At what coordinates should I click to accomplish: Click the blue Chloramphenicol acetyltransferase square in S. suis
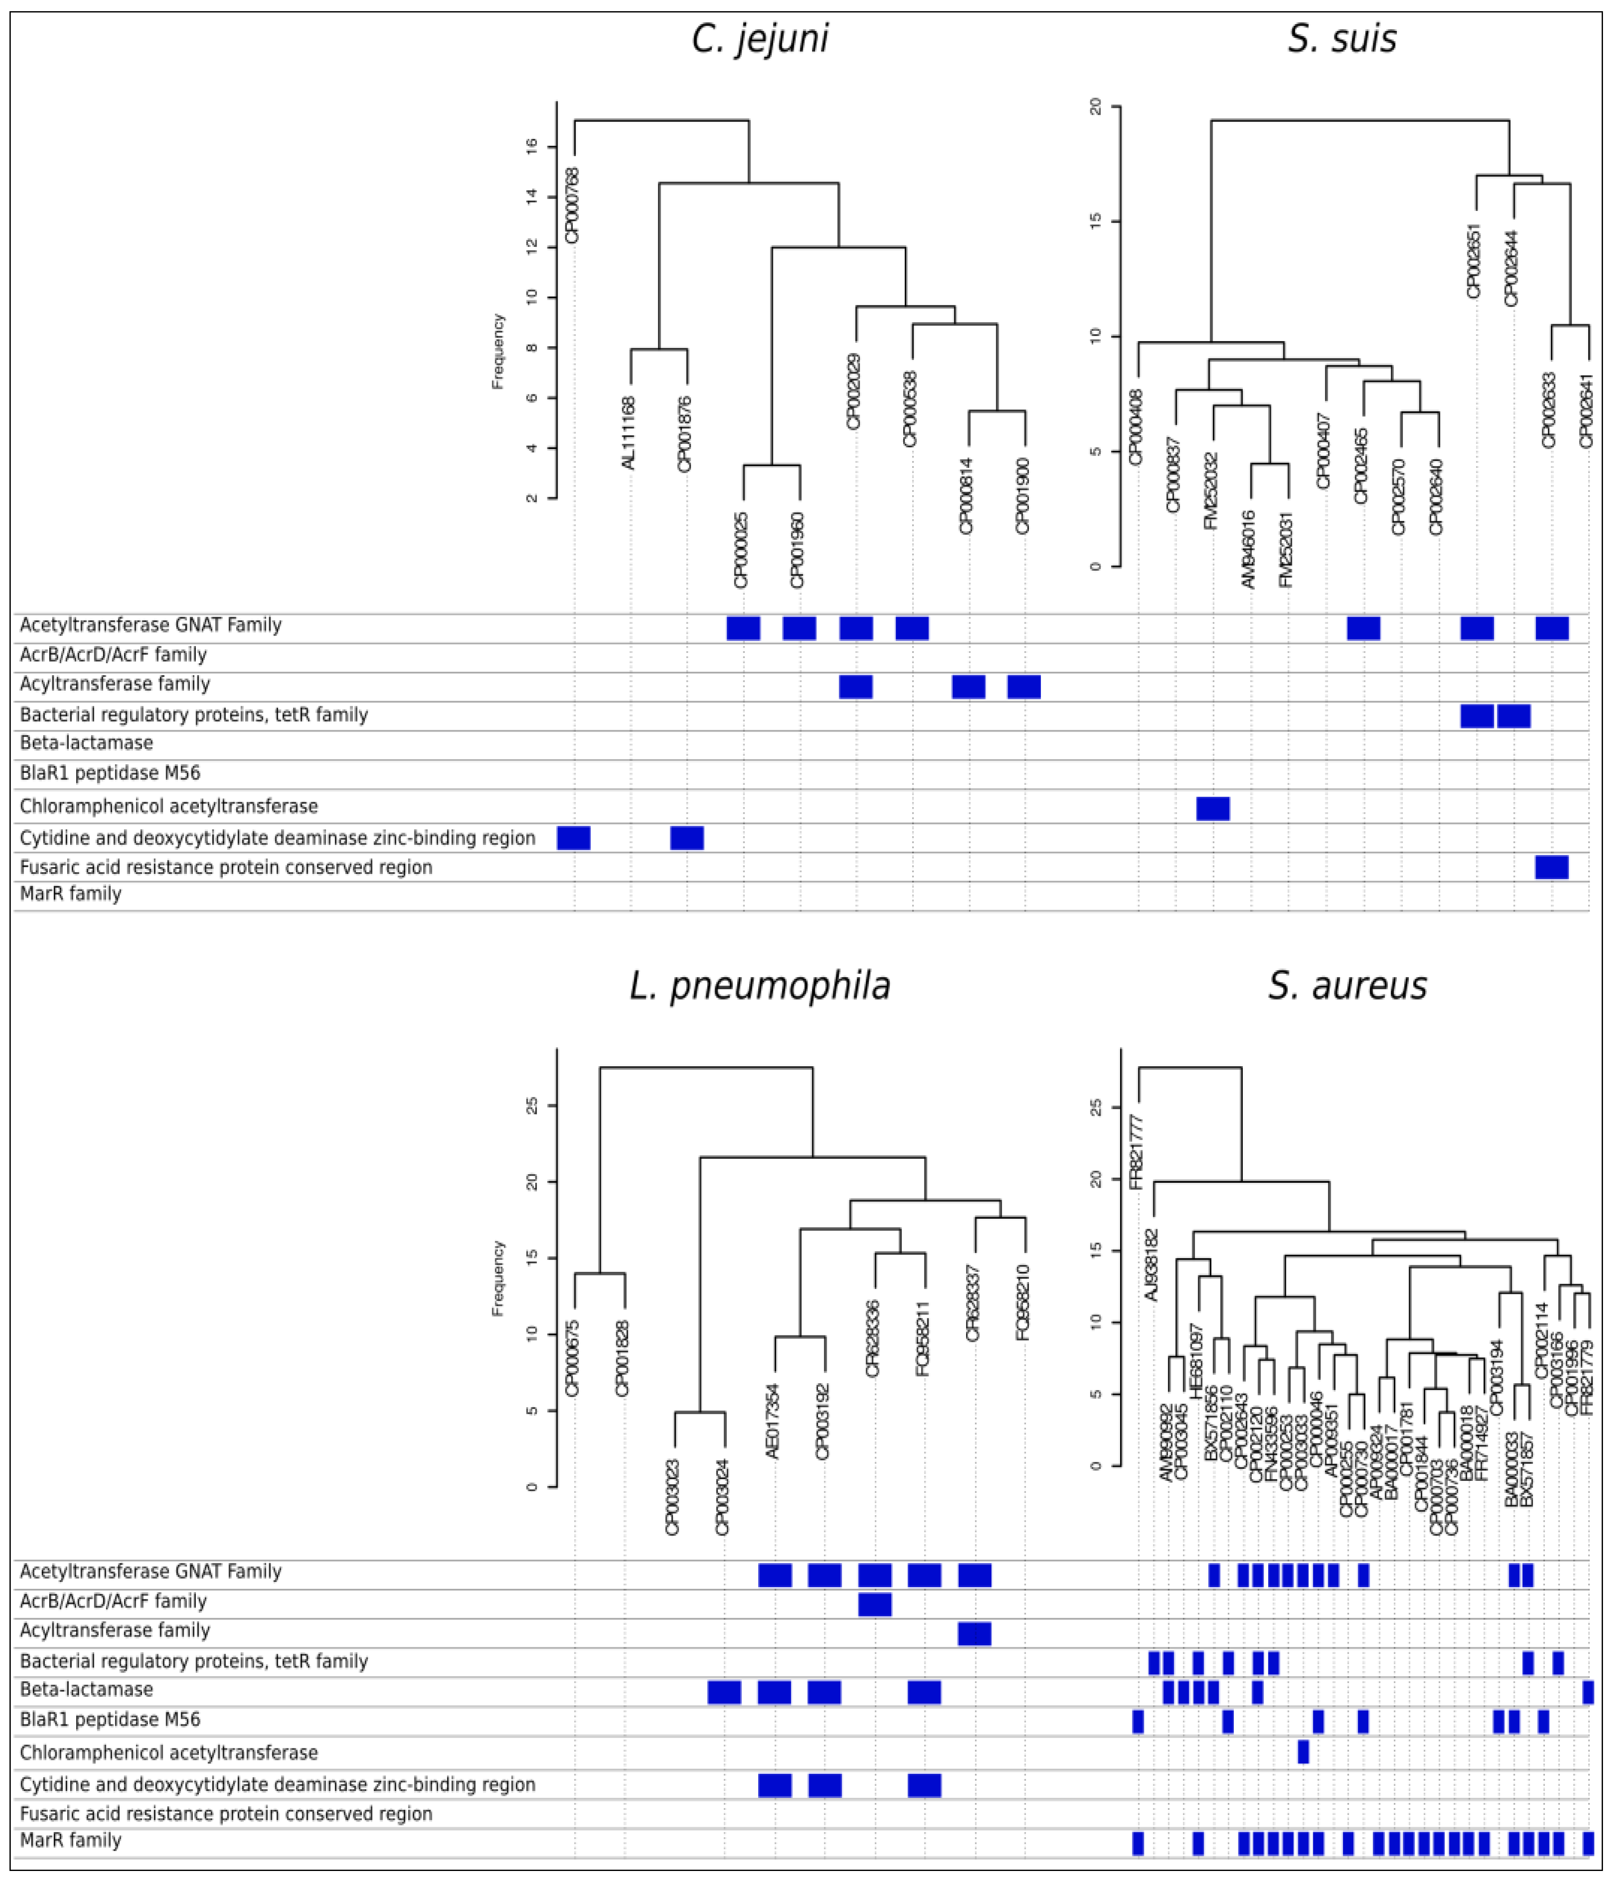pos(1213,808)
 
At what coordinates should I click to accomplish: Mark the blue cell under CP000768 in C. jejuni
pos(574,837)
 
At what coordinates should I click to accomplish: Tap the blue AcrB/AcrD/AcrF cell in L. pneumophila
pos(874,1604)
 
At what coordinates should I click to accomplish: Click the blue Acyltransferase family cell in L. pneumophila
pos(974,1633)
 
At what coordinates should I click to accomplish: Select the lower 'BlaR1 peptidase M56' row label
pos(110,1720)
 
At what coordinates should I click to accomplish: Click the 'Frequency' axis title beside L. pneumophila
pos(497,1278)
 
